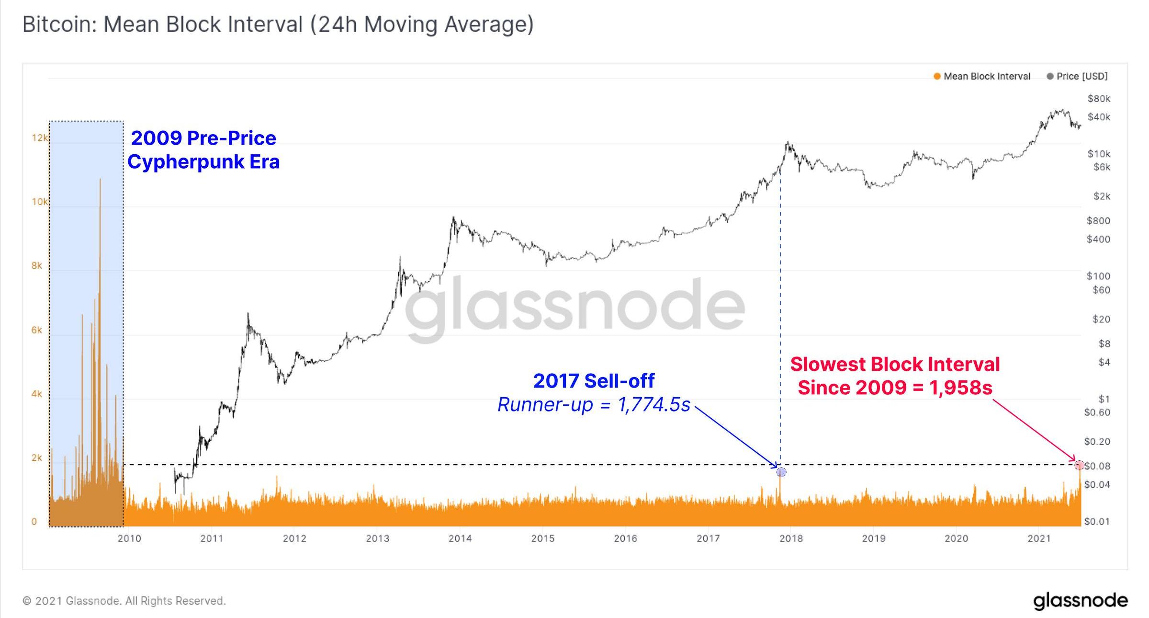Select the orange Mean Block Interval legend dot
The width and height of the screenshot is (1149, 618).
(x=937, y=76)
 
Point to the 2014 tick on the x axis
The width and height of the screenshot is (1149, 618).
(x=460, y=538)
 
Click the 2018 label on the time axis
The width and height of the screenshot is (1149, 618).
(x=791, y=538)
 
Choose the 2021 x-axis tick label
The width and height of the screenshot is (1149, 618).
(x=1039, y=538)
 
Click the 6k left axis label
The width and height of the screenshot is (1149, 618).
(x=37, y=330)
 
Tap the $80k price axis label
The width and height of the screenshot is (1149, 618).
(x=1099, y=99)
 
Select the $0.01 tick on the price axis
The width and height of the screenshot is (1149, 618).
(x=1096, y=521)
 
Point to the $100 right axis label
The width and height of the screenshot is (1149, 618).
(x=1098, y=276)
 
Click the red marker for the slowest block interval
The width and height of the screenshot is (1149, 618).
(x=1079, y=465)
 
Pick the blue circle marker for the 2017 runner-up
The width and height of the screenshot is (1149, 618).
(x=781, y=472)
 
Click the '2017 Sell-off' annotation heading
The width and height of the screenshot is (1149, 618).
(x=594, y=381)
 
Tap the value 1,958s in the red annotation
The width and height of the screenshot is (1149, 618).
(x=961, y=388)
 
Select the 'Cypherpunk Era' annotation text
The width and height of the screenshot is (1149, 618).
(x=203, y=162)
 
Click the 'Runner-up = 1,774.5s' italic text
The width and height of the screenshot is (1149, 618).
(x=594, y=405)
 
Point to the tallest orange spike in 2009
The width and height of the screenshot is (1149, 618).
(x=100, y=182)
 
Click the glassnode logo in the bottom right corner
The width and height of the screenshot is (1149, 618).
(x=1080, y=601)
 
